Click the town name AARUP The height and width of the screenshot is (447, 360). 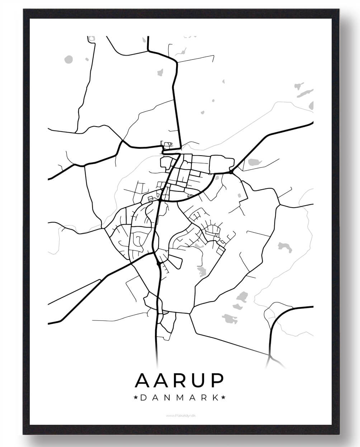[x=179, y=381]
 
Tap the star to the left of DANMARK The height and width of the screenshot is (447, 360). [x=136, y=398]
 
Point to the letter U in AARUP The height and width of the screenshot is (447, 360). [x=198, y=381]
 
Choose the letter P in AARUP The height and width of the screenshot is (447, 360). [x=217, y=381]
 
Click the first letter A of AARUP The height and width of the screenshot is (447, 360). [x=142, y=381]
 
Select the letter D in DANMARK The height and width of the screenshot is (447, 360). [x=143, y=398]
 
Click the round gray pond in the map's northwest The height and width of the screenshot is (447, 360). [x=68, y=59]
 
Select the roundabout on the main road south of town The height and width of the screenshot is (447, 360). [x=158, y=264]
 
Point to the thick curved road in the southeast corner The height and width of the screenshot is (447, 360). [x=278, y=319]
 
